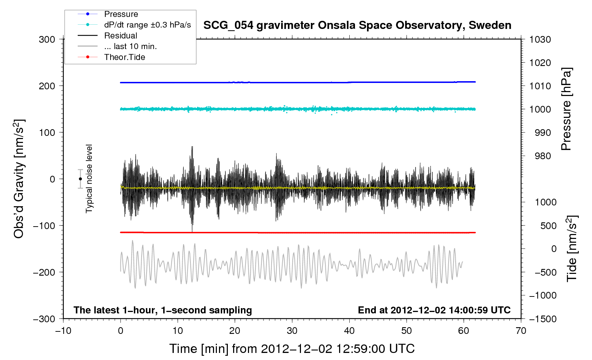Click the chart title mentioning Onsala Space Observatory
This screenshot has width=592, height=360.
357,25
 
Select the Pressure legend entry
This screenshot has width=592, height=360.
121,14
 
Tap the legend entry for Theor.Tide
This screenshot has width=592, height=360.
124,57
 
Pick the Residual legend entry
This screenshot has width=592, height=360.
120,36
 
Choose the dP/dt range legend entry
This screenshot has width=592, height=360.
147,25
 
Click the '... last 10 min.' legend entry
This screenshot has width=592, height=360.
130,47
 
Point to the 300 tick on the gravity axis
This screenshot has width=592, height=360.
47,40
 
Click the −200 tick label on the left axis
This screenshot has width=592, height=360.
44,272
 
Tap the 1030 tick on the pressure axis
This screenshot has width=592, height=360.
540,40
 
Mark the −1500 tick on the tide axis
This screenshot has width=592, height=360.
543,319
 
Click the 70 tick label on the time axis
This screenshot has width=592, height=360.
521,331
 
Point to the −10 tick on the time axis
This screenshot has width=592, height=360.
63,331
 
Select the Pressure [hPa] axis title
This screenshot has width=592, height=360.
566,109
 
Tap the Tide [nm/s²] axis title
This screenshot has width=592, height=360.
572,248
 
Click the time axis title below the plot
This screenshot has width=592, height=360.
292,349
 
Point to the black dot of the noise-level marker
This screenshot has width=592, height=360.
81,179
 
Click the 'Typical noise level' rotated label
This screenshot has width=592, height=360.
89,179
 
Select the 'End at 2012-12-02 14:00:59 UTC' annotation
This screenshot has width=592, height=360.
434,310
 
